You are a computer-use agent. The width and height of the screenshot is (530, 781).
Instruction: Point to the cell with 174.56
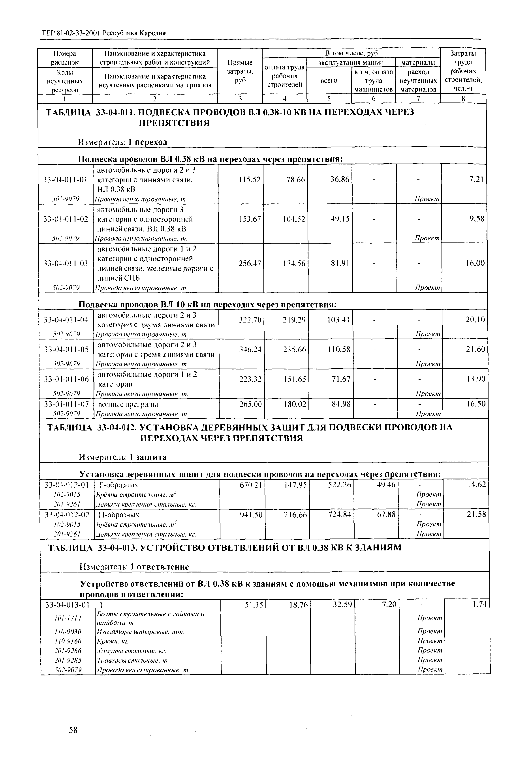(x=294, y=263)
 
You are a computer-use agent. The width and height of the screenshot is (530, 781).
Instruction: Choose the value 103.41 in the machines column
(x=338, y=320)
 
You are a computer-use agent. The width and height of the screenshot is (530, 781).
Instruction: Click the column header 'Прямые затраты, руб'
(x=240, y=71)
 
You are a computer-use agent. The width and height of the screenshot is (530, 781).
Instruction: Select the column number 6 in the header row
(x=373, y=99)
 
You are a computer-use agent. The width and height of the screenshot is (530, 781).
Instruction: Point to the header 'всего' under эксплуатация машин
(x=329, y=81)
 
